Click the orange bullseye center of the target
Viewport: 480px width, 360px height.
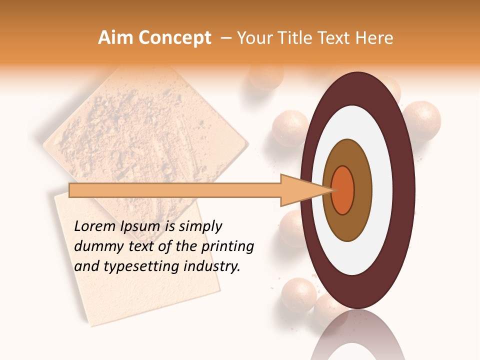pos(343,190)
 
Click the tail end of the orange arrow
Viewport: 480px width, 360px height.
pos(70,190)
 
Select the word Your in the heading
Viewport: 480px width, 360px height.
pos(253,38)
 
